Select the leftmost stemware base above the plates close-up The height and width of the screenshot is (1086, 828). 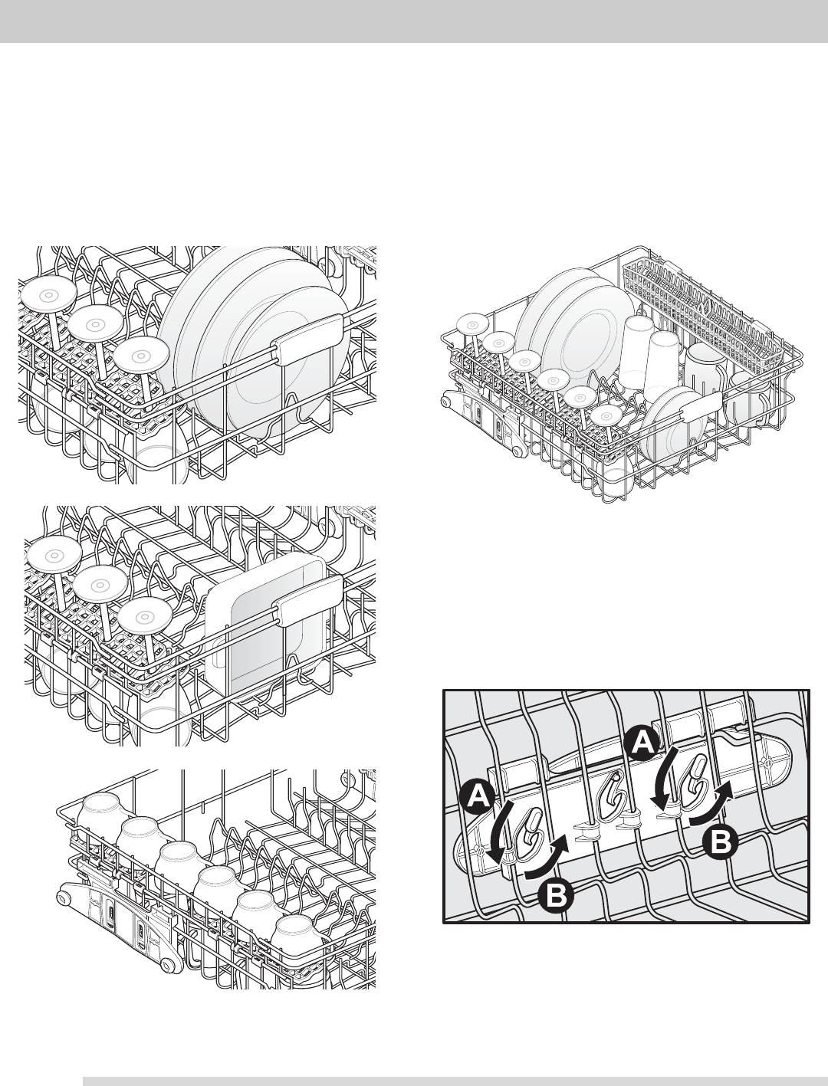click(48, 296)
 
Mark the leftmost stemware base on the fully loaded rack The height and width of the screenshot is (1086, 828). click(472, 325)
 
